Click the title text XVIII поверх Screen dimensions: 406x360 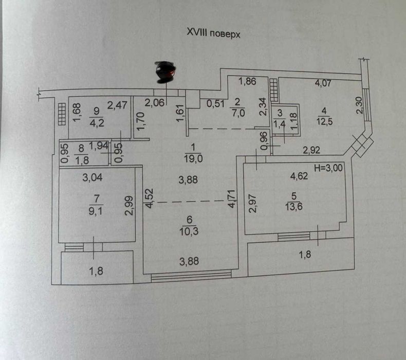[x=214, y=33]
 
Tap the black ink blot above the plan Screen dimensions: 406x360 [x=165, y=71]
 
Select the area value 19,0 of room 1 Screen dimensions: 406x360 [x=193, y=158]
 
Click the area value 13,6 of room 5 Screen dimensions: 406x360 [x=294, y=207]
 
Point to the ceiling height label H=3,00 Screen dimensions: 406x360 [x=328, y=168]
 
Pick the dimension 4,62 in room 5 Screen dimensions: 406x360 [x=299, y=176]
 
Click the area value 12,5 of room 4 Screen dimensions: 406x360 [x=324, y=121]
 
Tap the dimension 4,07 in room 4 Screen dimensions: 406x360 [x=323, y=83]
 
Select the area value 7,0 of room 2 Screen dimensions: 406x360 [x=238, y=113]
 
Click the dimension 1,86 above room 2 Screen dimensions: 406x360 [x=247, y=81]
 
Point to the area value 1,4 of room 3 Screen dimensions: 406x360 [x=280, y=123]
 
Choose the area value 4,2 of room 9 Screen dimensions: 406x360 [x=97, y=122]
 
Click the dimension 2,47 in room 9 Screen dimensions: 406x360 [x=117, y=105]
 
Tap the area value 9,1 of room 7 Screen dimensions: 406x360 [x=96, y=211]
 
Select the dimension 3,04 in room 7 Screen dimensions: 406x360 [x=93, y=177]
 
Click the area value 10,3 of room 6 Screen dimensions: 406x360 [x=189, y=231]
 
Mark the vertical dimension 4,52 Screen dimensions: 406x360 [x=150, y=199]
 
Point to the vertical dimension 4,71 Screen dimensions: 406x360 [x=232, y=199]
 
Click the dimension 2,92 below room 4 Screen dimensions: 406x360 [x=311, y=150]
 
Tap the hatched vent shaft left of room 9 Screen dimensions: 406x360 [x=62, y=114]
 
